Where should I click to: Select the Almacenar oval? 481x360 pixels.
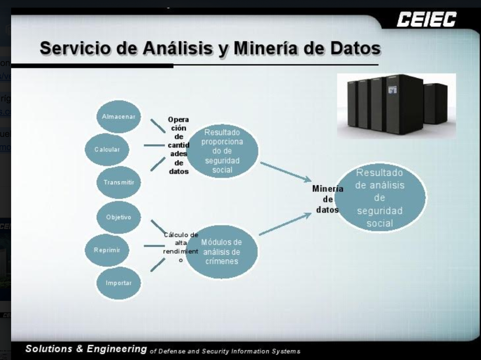pyautogui.click(x=119, y=117)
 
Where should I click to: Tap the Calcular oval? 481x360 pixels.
pyautogui.click(x=107, y=149)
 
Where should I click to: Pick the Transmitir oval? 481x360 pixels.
pyautogui.click(x=119, y=182)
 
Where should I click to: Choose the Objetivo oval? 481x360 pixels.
pyautogui.click(x=119, y=217)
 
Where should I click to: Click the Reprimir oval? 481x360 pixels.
pyautogui.click(x=107, y=250)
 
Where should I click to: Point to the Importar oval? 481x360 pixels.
pyautogui.click(x=119, y=283)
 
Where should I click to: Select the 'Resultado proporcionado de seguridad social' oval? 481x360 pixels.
pyautogui.click(x=222, y=151)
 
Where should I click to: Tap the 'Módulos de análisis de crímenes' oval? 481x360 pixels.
pyautogui.click(x=222, y=252)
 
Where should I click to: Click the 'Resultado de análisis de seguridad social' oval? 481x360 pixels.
pyautogui.click(x=380, y=198)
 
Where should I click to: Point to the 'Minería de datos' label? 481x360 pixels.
pyautogui.click(x=327, y=199)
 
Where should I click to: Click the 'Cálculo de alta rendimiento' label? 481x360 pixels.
pyautogui.click(x=181, y=247)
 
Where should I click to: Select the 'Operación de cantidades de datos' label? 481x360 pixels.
pyautogui.click(x=179, y=145)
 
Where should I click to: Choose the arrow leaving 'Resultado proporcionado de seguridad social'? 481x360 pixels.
pyautogui.click(x=286, y=171)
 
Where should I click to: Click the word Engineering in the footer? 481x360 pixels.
pyautogui.click(x=117, y=349)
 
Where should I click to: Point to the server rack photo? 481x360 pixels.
pyautogui.click(x=396, y=106)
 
